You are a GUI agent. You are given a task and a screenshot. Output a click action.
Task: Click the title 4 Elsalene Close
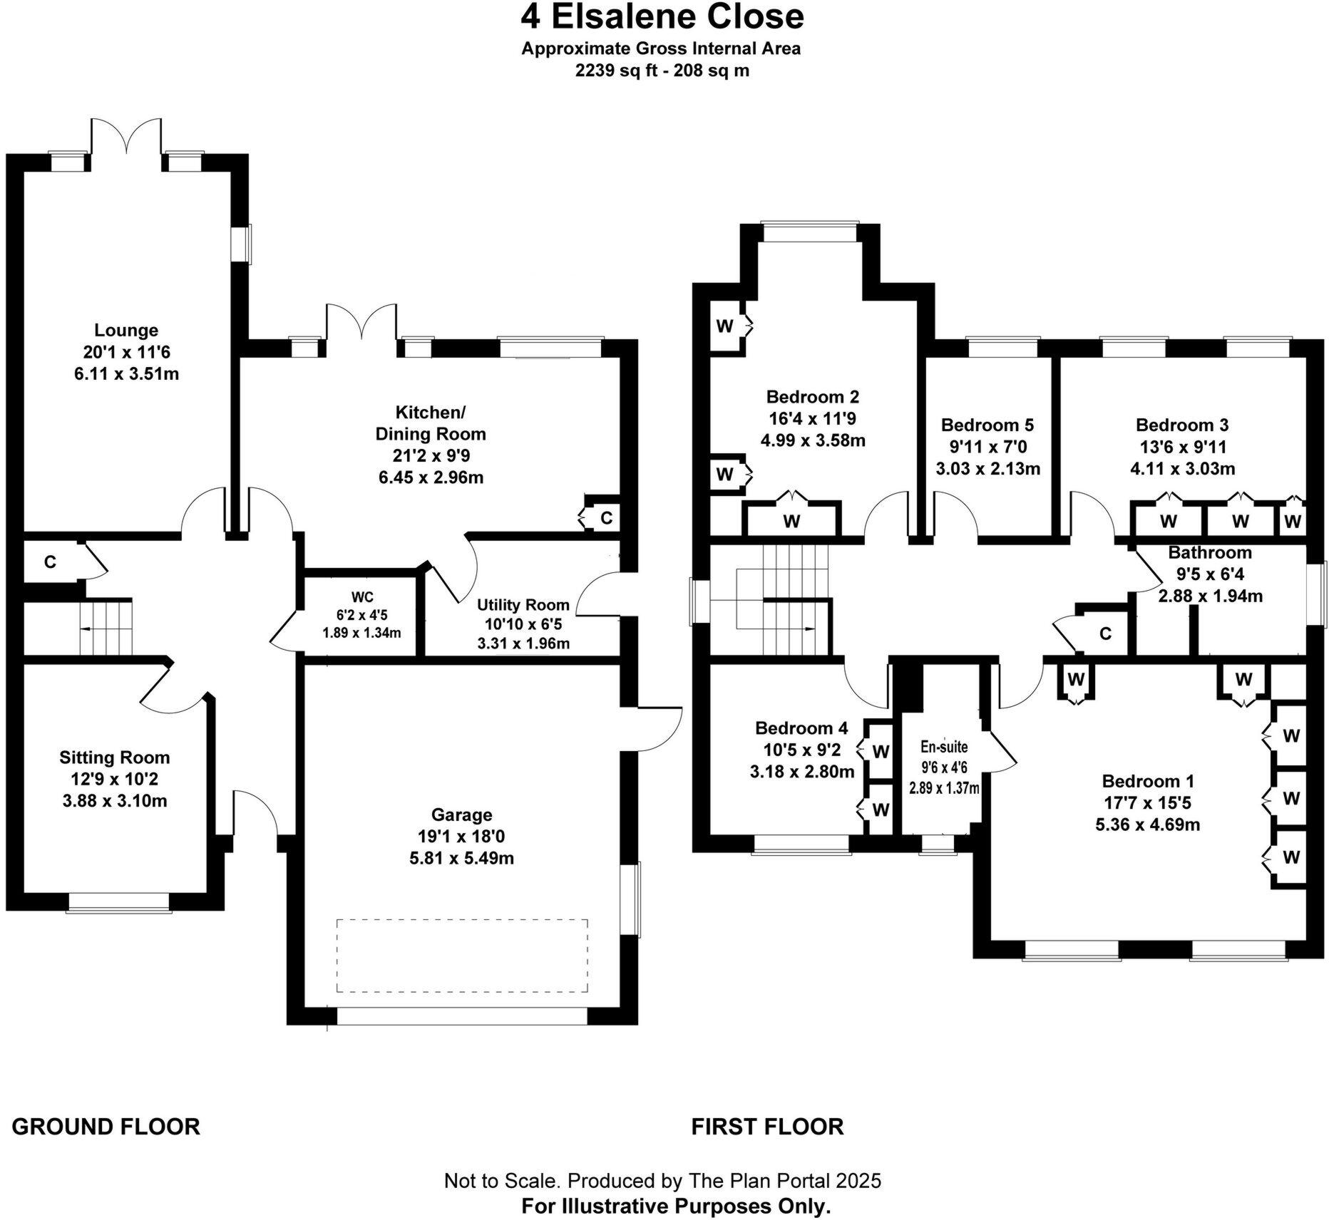click(662, 17)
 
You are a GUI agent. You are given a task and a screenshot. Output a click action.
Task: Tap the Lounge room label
click(126, 331)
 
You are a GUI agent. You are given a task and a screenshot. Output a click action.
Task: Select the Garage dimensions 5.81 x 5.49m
click(461, 859)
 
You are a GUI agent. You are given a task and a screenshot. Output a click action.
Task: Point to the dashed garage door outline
click(462, 956)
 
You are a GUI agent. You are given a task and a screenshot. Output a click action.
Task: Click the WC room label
click(361, 597)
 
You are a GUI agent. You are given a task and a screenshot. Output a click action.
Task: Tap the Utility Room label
click(523, 605)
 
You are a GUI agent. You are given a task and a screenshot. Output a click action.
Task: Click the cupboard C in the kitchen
click(606, 518)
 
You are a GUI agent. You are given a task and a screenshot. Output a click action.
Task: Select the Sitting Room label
click(115, 758)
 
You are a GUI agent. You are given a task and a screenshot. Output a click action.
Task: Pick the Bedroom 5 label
click(987, 425)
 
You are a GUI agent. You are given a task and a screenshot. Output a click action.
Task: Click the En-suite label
click(944, 747)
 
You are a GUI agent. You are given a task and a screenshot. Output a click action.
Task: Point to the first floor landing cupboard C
click(1105, 634)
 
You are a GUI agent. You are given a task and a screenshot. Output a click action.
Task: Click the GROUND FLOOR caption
click(106, 1127)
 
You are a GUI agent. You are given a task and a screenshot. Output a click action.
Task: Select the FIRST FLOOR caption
click(767, 1127)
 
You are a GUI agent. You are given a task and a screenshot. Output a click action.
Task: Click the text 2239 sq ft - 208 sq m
click(662, 71)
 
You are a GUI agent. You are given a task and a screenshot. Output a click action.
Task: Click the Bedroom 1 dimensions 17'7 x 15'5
click(1146, 803)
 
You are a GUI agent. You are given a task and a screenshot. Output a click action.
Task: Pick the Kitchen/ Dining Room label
click(431, 423)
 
